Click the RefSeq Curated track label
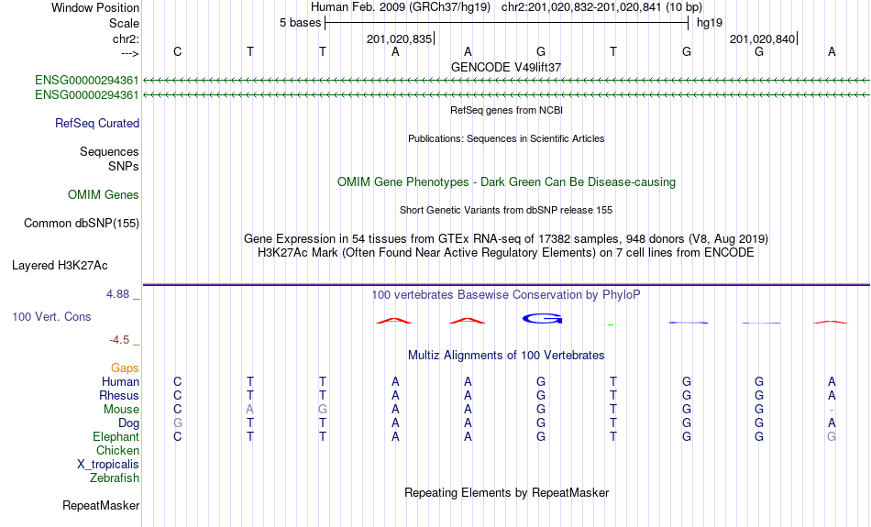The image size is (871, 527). [x=97, y=124]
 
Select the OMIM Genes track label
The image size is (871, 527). [x=104, y=195]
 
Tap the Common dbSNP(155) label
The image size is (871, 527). [x=82, y=224]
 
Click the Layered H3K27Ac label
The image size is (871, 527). [x=60, y=266]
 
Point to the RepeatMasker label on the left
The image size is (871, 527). [x=101, y=505]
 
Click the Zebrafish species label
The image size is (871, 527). [x=115, y=478]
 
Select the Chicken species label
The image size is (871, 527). [x=117, y=450]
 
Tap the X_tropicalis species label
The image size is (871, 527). [x=108, y=465]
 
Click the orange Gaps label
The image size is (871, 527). [x=125, y=368]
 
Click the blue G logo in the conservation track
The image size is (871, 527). [x=543, y=319]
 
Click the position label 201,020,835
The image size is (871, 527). [x=399, y=38]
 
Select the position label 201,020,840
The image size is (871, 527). [x=762, y=38]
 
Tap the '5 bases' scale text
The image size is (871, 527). [x=301, y=23]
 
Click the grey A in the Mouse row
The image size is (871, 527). [x=250, y=410]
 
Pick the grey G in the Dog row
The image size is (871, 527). [x=178, y=423]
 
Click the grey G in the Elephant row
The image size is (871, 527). [x=832, y=436]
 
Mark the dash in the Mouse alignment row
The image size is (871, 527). [x=832, y=410]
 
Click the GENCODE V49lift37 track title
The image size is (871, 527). [x=506, y=67]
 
